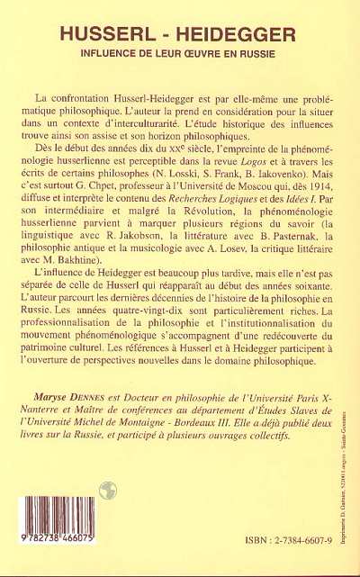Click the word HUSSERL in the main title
105,35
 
